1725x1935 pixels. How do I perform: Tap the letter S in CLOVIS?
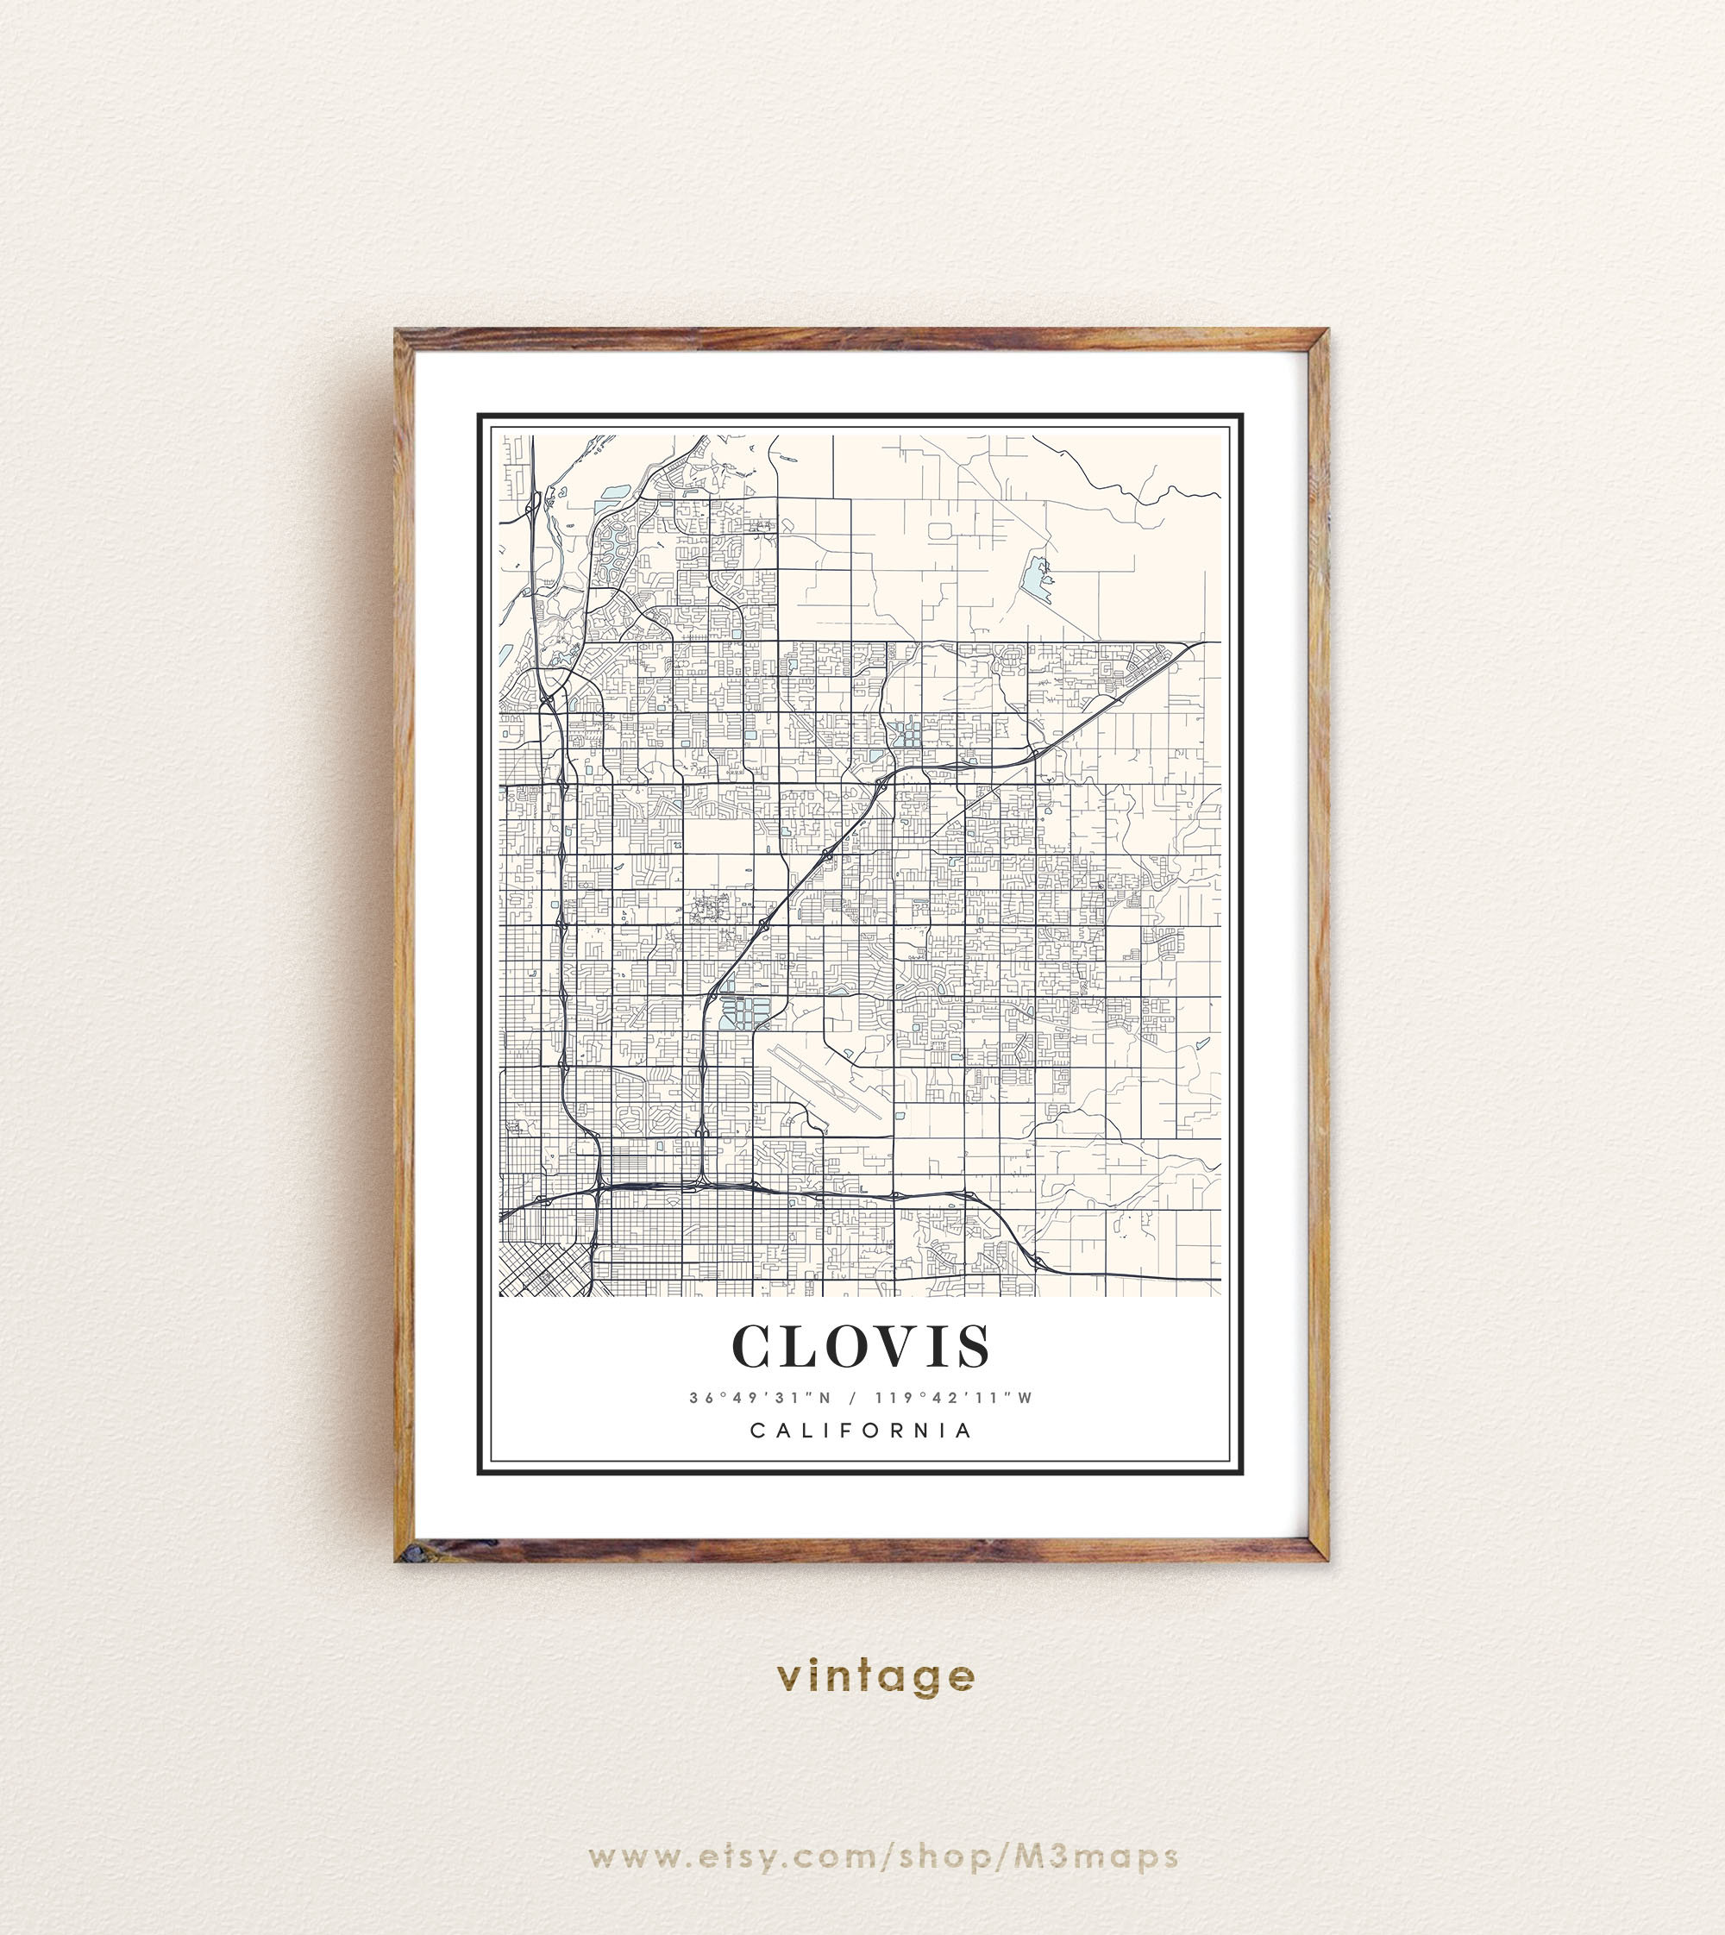(972, 1347)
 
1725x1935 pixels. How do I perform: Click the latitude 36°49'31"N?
(759, 1398)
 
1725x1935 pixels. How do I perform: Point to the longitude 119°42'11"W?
(952, 1398)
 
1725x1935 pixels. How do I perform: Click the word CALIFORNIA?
(862, 1431)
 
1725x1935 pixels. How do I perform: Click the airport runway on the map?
(826, 1080)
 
